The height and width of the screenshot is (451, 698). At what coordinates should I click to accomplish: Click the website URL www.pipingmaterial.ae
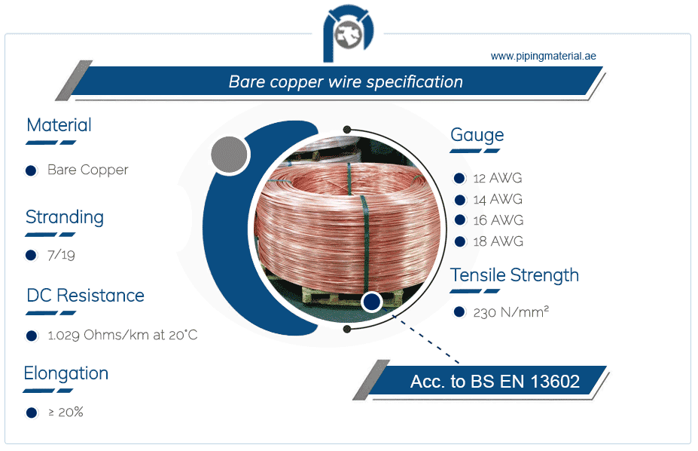[x=543, y=56]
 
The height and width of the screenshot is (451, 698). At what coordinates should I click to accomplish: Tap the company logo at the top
[x=348, y=34]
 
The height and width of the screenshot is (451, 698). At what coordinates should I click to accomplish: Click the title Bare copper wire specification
[x=346, y=81]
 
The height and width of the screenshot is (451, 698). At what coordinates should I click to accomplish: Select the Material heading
[x=59, y=125]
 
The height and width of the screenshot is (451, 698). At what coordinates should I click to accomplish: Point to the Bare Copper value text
[x=87, y=170]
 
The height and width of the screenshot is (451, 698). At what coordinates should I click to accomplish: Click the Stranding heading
[x=65, y=217]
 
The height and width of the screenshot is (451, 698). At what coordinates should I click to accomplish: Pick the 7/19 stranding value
[x=61, y=255]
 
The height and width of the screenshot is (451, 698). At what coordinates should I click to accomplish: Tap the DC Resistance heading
[x=85, y=295]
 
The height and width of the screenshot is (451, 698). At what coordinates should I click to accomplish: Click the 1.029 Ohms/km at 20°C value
[x=122, y=335]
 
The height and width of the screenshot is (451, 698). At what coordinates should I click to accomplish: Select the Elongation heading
[x=66, y=373]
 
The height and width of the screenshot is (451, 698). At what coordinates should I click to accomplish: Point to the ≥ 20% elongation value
[x=66, y=413]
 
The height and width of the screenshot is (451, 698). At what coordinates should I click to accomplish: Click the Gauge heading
[x=477, y=135]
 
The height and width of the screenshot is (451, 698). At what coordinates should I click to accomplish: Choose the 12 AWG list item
[x=497, y=179]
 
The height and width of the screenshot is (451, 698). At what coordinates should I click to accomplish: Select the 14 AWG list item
[x=497, y=200]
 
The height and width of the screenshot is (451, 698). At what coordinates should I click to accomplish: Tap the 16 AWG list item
[x=497, y=221]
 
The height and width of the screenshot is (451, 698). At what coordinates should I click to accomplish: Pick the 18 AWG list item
[x=497, y=242]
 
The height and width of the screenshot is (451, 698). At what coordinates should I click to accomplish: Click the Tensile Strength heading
[x=514, y=275]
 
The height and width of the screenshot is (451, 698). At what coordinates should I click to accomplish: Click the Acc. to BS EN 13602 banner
[x=495, y=382]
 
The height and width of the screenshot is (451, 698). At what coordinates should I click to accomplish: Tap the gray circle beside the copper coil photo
[x=230, y=156]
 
